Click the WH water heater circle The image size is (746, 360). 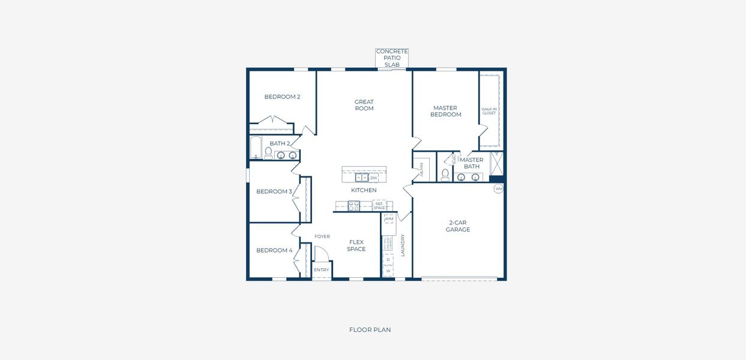tap(498, 188)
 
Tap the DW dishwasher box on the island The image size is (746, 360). tap(374, 178)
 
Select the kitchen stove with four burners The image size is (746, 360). tap(353, 206)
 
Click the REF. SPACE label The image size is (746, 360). tap(379, 206)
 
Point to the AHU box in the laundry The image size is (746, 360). tap(389, 219)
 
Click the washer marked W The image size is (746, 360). tap(388, 271)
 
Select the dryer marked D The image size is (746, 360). tap(388, 260)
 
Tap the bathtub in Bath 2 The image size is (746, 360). tap(256, 148)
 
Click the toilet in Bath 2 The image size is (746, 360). tap(268, 153)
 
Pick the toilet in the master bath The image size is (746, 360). tap(445, 175)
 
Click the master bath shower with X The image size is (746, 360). tap(496, 163)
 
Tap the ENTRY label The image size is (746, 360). tap(322, 270)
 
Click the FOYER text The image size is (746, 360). tap(322, 236)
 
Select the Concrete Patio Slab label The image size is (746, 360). tap(392, 58)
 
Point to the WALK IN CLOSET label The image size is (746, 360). tap(489, 111)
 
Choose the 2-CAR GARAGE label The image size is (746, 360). tap(458, 226)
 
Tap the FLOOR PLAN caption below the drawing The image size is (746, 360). tap(370, 329)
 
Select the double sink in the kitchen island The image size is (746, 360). tap(361, 178)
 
